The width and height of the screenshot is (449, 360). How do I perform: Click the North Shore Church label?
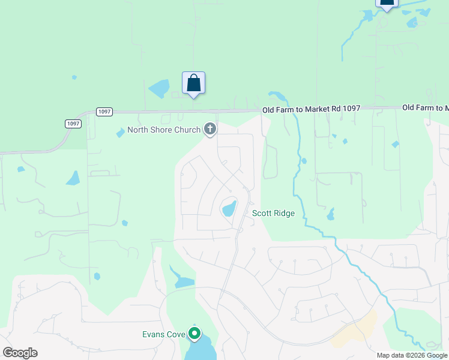coord(164,130)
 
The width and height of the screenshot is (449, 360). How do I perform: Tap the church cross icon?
coord(210,128)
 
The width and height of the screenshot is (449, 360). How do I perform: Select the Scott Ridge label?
coord(273,213)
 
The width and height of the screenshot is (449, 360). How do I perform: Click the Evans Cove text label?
coord(163,334)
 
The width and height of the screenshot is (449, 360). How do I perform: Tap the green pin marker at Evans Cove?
coord(194,332)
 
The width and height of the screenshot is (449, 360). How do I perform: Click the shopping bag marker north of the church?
coord(193,83)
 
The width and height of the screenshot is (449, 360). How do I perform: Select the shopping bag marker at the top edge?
coord(387,3)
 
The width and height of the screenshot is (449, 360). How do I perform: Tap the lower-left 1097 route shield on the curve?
coord(73,124)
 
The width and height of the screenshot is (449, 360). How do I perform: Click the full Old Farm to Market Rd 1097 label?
coord(311,109)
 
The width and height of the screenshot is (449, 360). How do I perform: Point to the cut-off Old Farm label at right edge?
coord(425,107)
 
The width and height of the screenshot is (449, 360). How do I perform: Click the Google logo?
coord(20,353)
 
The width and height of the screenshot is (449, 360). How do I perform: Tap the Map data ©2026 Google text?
coord(412,355)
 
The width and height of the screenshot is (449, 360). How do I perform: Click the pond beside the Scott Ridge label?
coord(229,209)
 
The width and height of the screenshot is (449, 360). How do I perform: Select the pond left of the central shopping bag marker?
coord(160,88)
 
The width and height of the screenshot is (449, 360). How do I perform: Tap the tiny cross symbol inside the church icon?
coord(210,128)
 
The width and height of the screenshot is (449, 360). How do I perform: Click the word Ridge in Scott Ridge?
coord(284,213)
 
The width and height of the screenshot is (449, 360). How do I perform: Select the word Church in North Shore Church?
coord(187,130)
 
